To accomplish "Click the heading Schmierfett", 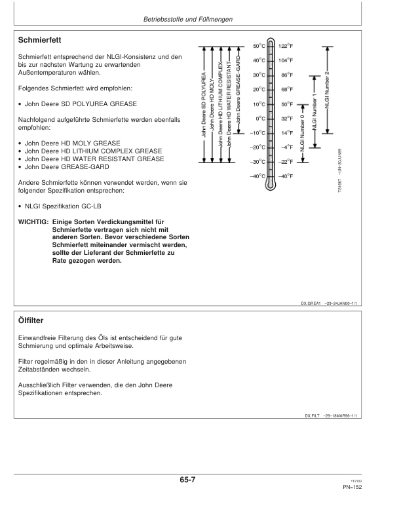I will pyautogui.click(x=44, y=41).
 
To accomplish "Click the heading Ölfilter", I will pyautogui.click(x=33, y=320).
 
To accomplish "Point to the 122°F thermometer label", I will pyautogui.click(x=285, y=46).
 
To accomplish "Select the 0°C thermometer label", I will pyautogui.click(x=259, y=119).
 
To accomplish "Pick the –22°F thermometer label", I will pyautogui.click(x=284, y=162).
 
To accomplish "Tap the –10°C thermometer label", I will pyautogui.click(x=258, y=133).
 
